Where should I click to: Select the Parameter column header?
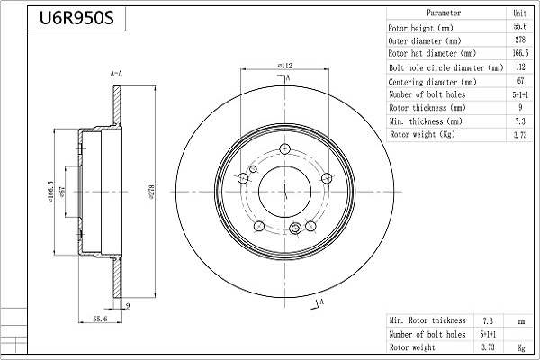444,13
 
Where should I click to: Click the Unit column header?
519,13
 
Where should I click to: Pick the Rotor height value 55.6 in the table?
519,29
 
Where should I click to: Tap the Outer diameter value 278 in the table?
519,41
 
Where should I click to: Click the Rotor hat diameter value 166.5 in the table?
519,54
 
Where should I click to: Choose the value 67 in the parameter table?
519,82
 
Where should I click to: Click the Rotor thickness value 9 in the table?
519,108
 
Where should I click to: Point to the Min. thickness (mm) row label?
426,121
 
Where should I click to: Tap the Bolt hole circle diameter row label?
445,68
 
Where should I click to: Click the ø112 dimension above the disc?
284,66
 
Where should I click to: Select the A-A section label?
116,72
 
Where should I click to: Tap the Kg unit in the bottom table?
520,346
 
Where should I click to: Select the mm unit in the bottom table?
520,320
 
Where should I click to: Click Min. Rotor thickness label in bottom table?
427,320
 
